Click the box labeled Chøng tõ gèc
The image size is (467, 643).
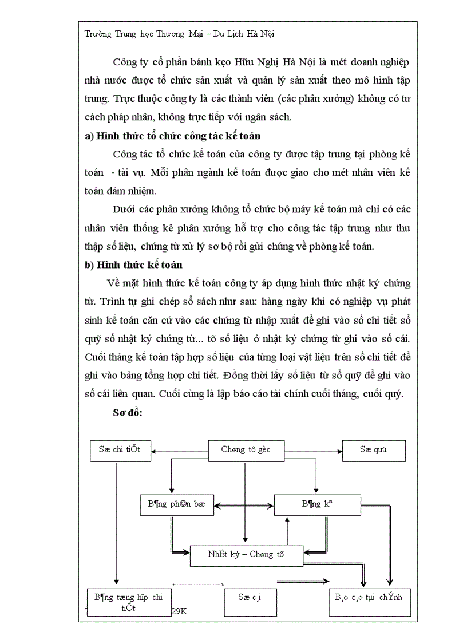pyautogui.click(x=246, y=450)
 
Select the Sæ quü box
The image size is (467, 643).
pyautogui.click(x=374, y=450)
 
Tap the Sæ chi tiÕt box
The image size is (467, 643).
pyautogui.click(x=119, y=450)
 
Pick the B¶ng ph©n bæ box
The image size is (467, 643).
pyautogui.click(x=176, y=504)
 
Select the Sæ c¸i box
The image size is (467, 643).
pyautogui.click(x=250, y=598)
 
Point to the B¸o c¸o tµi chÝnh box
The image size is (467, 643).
pyautogui.click(x=369, y=598)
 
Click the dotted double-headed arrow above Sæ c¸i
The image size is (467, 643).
pyautogui.click(x=197, y=585)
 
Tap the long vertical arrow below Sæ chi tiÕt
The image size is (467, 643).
pyautogui.click(x=117, y=524)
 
